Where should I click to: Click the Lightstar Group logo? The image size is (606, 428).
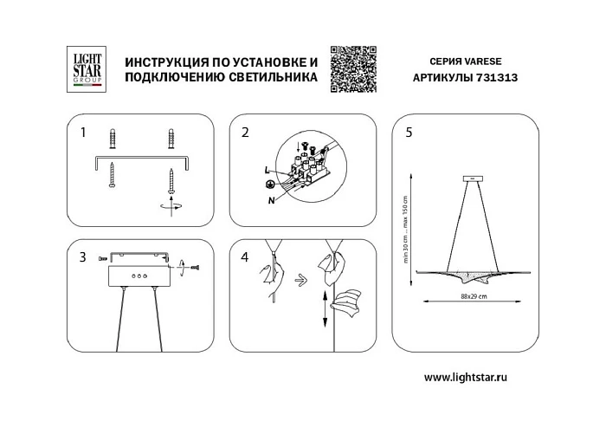[x=87, y=68]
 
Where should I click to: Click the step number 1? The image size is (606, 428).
[x=83, y=133]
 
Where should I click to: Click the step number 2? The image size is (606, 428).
[x=245, y=133]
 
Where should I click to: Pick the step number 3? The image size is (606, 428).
[x=83, y=256]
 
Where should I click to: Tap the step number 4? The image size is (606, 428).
[x=245, y=256]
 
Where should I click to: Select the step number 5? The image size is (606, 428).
[x=409, y=133]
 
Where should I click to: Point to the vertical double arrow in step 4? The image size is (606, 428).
[x=325, y=309]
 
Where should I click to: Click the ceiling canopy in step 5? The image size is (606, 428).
[x=474, y=180]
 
